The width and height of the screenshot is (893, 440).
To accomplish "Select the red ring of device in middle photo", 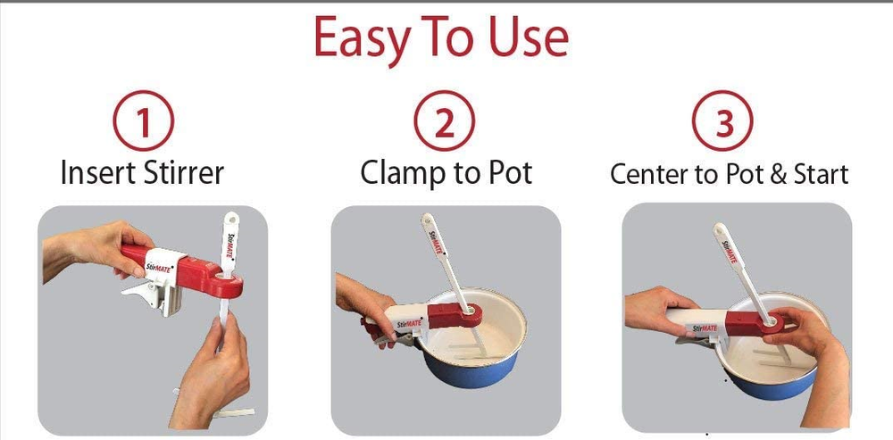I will pyautogui.click(x=471, y=313).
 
